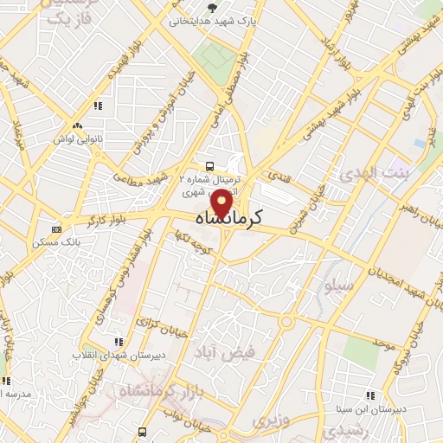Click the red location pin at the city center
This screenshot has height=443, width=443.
(223, 202)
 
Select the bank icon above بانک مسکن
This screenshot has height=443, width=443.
(57, 229)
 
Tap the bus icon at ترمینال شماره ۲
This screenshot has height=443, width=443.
(209, 165)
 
